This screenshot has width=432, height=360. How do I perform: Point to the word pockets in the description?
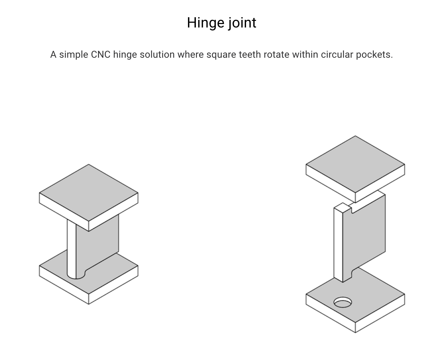click(x=374, y=55)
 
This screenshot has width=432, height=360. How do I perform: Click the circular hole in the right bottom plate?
click(x=343, y=303)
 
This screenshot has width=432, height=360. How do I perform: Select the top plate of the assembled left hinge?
click(x=89, y=192)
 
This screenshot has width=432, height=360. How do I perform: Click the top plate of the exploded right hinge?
click(x=355, y=164)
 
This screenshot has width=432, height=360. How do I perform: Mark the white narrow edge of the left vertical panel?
click(x=71, y=249)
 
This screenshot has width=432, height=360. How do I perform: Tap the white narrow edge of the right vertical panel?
click(x=338, y=244)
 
